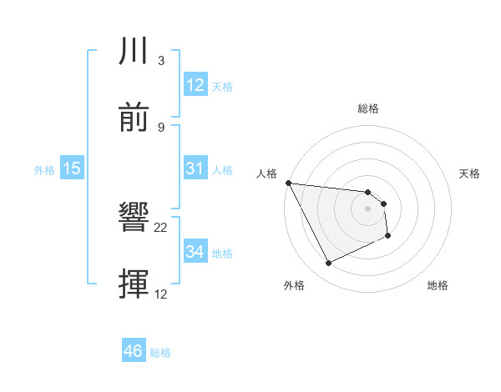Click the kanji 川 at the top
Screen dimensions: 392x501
point(134,52)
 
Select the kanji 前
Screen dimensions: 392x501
point(134,118)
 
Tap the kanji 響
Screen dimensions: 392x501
point(134,219)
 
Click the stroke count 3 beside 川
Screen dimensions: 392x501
point(160,61)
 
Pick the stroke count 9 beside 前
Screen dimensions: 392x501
point(160,128)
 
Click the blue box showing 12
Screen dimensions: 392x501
point(195,85)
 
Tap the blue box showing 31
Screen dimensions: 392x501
point(195,168)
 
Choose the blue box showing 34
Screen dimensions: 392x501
point(195,251)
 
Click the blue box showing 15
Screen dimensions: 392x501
point(72,168)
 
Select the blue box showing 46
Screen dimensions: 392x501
point(134,351)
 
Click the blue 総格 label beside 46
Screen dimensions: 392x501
point(160,353)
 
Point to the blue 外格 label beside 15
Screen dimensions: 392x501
point(44,170)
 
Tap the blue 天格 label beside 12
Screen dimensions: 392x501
point(222,87)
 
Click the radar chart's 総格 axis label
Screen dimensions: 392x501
point(368,108)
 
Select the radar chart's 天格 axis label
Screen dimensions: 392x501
point(470,173)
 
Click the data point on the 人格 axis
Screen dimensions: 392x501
point(288,183)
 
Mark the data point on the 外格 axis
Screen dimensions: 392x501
point(328,264)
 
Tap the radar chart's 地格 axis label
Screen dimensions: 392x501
point(438,285)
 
